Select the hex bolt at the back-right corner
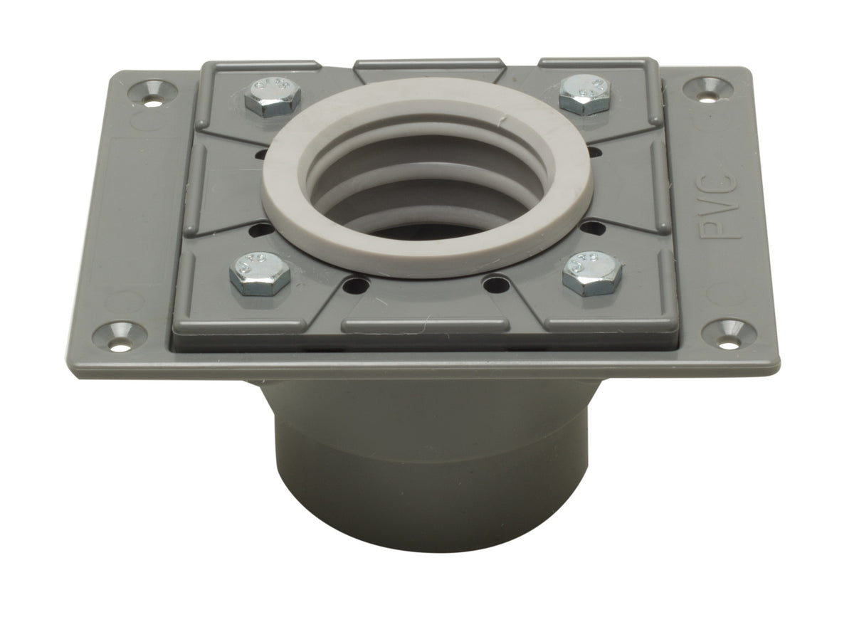(x=585, y=95)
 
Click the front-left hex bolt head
(x=260, y=273)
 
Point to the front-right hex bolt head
(x=592, y=273)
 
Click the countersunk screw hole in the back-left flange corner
(x=153, y=93)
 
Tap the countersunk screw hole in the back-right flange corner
(x=707, y=90)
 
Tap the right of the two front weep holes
(x=495, y=284)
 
